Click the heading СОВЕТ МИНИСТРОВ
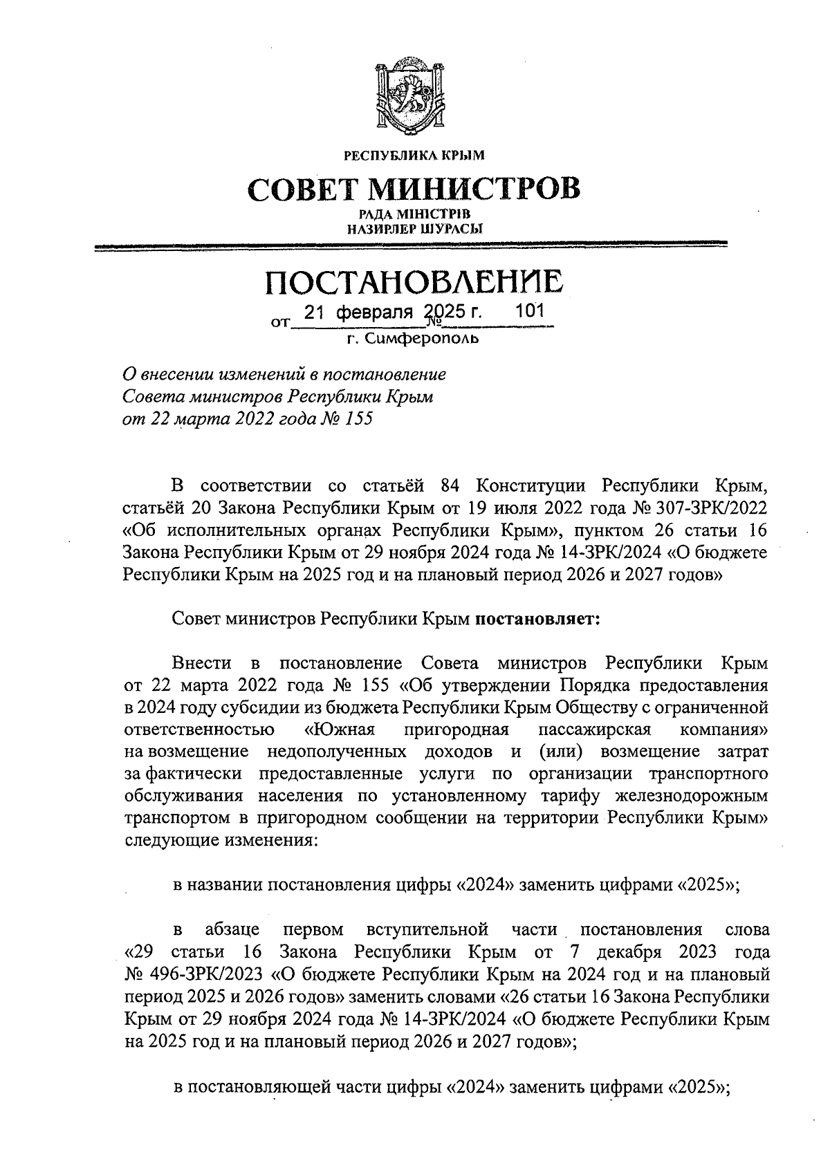pos(414,189)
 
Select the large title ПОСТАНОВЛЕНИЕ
pos(414,283)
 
